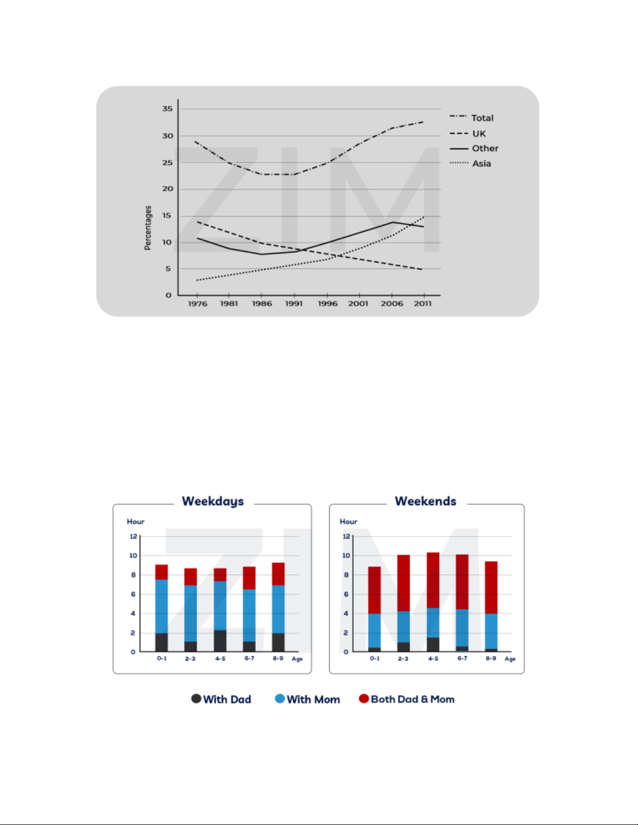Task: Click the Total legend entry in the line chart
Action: tap(482, 118)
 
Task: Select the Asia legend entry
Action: tap(481, 163)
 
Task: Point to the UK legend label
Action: tap(479, 134)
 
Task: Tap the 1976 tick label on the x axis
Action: tap(197, 304)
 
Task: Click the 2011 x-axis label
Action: tap(422, 304)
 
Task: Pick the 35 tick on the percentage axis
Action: tap(167, 109)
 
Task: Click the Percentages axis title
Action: tap(148, 228)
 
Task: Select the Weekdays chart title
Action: tap(213, 501)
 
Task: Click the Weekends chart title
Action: tap(426, 501)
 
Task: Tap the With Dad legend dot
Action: tap(196, 699)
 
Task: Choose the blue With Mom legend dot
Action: tap(280, 699)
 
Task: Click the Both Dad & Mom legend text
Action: tap(412, 699)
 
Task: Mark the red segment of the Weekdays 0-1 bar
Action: tap(161, 572)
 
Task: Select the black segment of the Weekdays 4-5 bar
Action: tap(220, 641)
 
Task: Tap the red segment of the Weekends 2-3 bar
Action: tap(404, 583)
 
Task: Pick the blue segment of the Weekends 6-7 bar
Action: tap(462, 628)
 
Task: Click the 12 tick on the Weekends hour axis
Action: tap(346, 536)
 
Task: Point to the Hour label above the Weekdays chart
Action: tap(135, 522)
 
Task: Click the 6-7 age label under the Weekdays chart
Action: tap(249, 658)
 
